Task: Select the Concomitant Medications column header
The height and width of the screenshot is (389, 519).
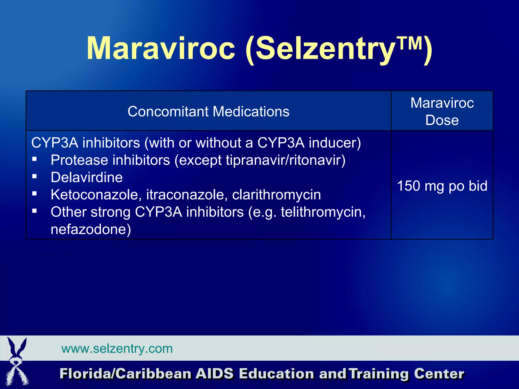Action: pos(208,111)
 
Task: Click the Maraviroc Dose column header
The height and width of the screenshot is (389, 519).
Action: pos(442,111)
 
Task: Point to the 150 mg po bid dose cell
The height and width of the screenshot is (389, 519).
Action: pos(442,186)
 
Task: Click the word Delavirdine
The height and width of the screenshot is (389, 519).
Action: pos(87,177)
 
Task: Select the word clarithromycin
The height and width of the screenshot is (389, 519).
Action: pos(276,195)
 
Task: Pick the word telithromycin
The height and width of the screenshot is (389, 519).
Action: pos(323,212)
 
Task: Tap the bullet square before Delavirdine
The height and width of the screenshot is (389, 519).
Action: pos(35,176)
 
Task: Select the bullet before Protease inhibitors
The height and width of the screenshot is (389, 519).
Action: pos(35,159)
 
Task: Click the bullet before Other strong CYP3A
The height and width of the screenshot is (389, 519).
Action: pos(35,211)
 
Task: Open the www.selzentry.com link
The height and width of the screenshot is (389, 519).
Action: pos(117,349)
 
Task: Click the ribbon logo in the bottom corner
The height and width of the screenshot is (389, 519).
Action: pos(17,361)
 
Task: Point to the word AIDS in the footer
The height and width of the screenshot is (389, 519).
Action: pos(214,374)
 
